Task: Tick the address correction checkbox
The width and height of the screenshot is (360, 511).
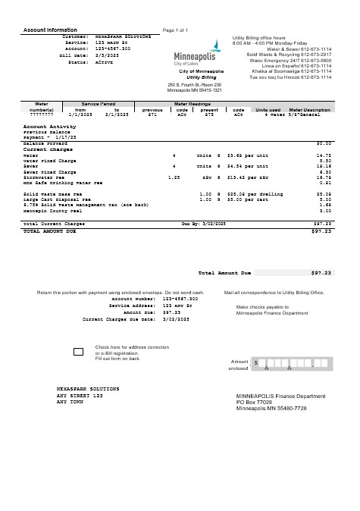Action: point(79,351)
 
